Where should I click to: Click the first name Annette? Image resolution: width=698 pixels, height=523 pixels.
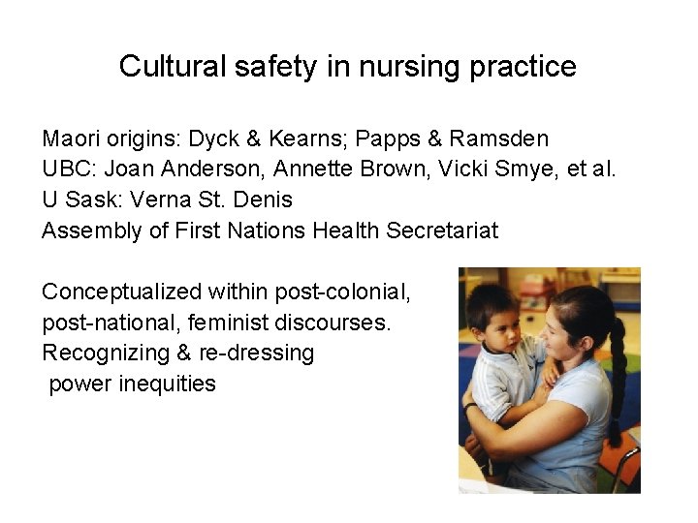coord(312,169)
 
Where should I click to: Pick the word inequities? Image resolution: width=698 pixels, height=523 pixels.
coord(167,384)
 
